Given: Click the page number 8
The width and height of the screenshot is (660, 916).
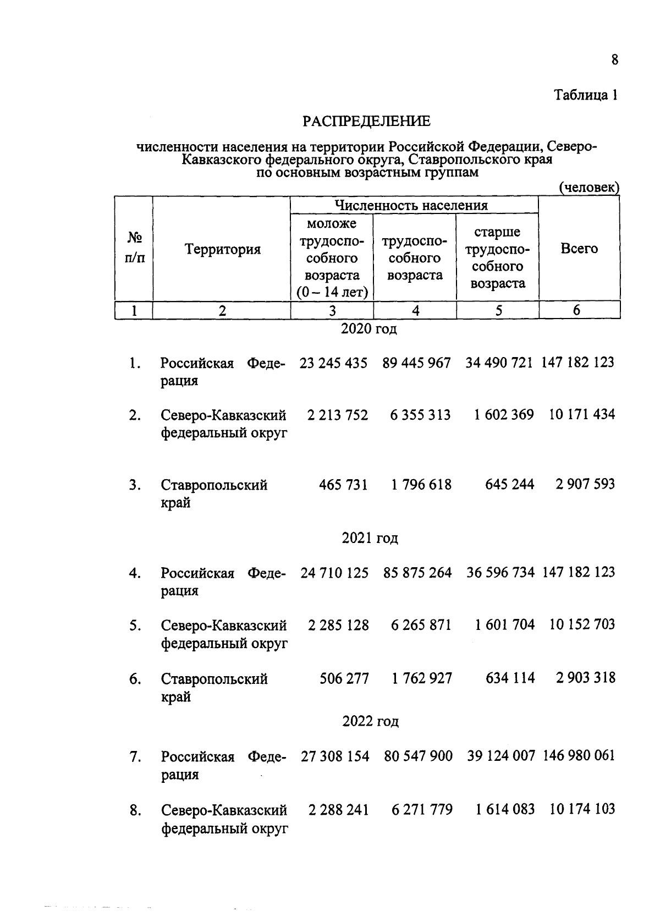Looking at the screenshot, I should pyautogui.click(x=614, y=59).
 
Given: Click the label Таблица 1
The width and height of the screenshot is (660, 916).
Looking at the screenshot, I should pyautogui.click(x=586, y=95).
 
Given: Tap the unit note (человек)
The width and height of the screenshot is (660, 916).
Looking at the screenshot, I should pyautogui.click(x=589, y=188).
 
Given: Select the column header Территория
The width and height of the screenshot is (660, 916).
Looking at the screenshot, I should pyautogui.click(x=222, y=249).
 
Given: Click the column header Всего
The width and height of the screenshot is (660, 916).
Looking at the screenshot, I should pyautogui.click(x=579, y=249).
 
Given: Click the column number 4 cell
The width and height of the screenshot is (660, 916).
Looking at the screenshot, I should pyautogui.click(x=416, y=311).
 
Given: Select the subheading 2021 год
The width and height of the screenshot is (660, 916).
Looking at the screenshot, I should pyautogui.click(x=370, y=538).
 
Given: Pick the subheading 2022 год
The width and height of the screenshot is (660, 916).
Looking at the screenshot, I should pyautogui.click(x=370, y=721).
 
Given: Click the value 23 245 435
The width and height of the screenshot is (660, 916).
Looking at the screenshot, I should pyautogui.click(x=333, y=363).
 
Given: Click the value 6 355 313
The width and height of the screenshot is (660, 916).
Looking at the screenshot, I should pyautogui.click(x=420, y=415).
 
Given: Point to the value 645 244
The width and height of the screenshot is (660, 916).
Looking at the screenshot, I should pyautogui.click(x=509, y=485).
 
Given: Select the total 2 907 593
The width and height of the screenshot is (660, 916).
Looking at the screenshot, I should pyautogui.click(x=585, y=485).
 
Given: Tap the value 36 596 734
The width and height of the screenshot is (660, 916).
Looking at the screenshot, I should pyautogui.click(x=501, y=573).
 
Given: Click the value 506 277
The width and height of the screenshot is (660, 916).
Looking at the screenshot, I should pyautogui.click(x=344, y=678).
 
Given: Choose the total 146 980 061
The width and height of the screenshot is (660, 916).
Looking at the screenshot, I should pyautogui.click(x=579, y=756).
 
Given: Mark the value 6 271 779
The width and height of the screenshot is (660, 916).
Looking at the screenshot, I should pyautogui.click(x=422, y=810).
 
